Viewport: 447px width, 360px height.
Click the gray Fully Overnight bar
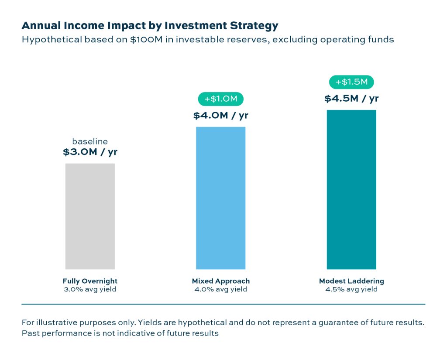90,216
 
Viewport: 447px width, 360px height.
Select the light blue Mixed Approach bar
220,198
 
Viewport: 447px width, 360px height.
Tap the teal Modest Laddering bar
351,189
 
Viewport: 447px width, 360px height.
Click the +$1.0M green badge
220,99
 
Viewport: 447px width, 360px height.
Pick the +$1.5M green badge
351,82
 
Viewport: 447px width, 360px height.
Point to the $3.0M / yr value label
90,152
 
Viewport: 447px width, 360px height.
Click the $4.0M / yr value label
220,116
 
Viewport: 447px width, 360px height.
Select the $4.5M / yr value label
351,99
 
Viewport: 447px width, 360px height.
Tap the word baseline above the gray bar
90,141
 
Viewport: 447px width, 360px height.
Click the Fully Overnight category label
90,281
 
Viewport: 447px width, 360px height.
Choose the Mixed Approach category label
220,281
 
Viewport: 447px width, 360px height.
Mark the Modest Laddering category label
351,281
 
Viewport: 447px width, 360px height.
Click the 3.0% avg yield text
90,289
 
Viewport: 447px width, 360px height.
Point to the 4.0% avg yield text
220,289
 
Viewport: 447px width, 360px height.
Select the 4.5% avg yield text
351,289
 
